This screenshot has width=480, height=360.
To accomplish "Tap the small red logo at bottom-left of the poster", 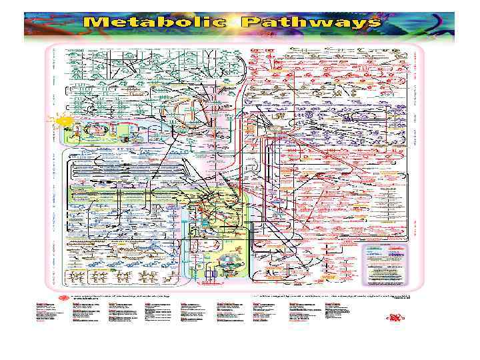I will (x=65, y=298).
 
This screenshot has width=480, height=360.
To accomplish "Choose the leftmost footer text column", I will (x=52, y=313).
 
